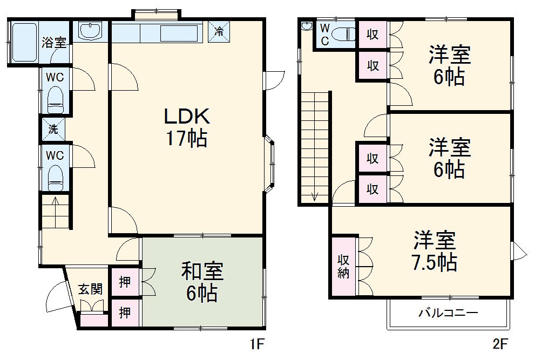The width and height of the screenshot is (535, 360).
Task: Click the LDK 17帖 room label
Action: click(187, 127)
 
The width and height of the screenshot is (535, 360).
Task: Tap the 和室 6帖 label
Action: click(202, 282)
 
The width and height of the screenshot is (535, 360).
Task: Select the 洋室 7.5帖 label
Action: click(435, 251)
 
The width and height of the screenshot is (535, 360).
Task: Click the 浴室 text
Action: click(54, 43)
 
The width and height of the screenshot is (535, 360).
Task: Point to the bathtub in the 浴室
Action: click(24, 42)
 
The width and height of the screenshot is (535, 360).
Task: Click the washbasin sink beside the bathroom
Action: click(90, 30)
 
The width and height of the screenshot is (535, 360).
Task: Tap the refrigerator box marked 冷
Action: click(219, 32)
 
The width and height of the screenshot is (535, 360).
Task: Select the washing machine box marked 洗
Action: click(53, 130)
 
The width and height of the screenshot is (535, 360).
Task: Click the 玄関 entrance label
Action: click(90, 289)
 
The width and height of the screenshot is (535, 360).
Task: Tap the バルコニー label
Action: click(448, 312)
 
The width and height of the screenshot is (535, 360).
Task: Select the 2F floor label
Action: click(500, 344)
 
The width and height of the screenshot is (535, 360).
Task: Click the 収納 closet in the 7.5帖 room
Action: click(343, 266)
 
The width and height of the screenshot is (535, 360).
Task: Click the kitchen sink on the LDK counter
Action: click(179, 33)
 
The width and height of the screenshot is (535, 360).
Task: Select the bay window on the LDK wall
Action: click(269, 164)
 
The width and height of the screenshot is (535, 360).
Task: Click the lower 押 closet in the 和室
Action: click(125, 313)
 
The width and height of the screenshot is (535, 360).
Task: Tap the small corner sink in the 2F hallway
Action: click(307, 26)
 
